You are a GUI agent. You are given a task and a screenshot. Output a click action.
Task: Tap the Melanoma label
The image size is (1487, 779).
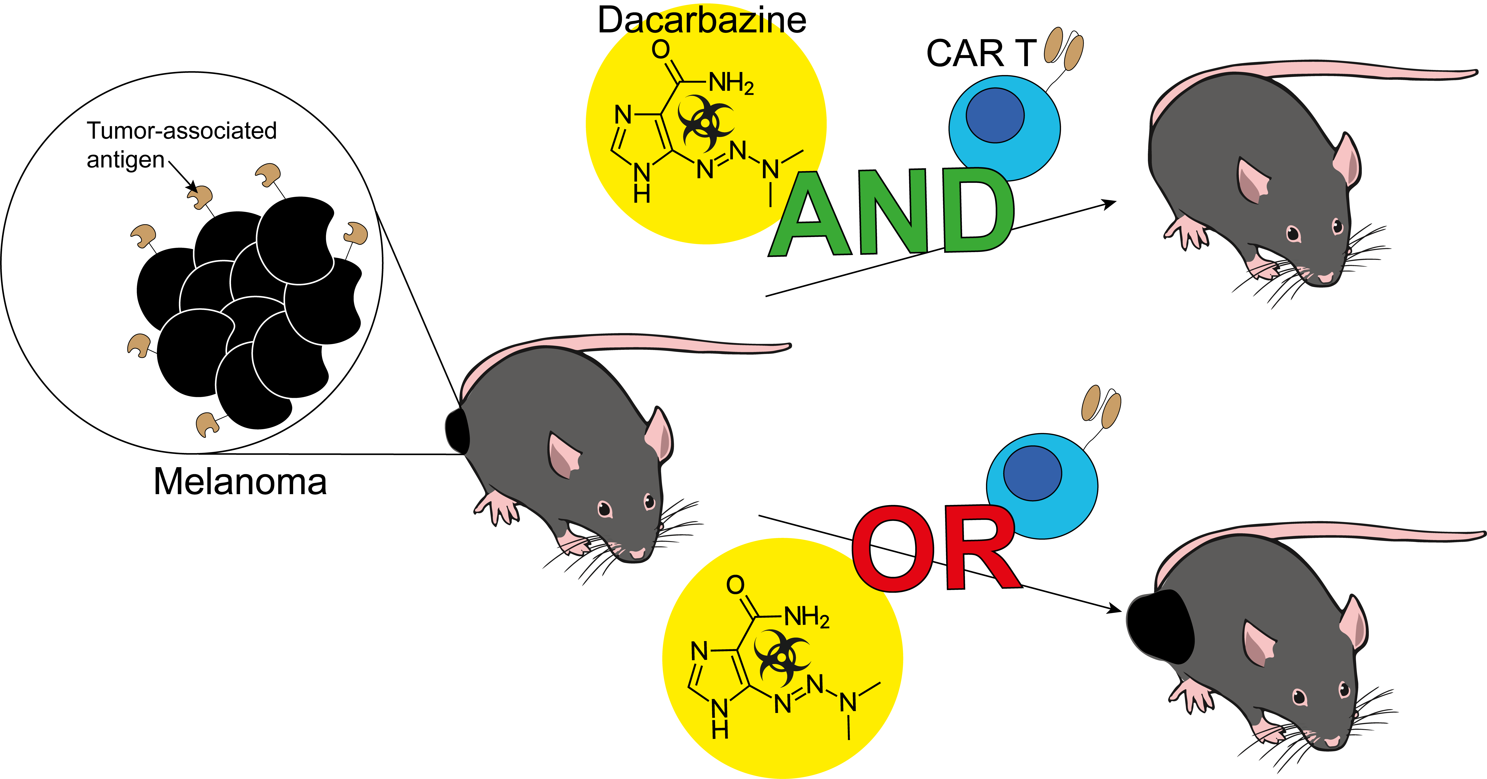tap(240, 482)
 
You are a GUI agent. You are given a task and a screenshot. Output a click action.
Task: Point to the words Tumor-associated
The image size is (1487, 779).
tap(182, 130)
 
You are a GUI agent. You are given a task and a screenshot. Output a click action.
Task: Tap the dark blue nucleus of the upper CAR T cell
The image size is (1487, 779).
tap(995, 115)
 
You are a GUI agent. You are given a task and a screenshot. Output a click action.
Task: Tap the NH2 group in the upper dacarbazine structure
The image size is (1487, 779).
tap(731, 84)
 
